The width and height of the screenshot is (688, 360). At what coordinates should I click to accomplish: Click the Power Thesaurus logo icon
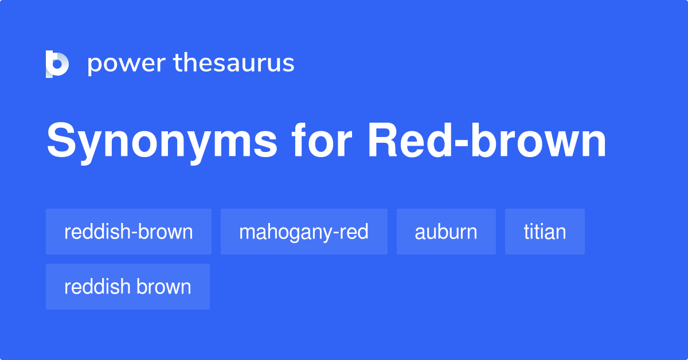click(x=57, y=64)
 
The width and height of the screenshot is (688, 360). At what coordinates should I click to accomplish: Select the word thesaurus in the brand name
click(x=234, y=64)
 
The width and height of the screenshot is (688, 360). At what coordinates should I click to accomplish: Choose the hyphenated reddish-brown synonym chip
click(x=128, y=232)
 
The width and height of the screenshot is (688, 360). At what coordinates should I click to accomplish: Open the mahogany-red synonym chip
click(x=304, y=232)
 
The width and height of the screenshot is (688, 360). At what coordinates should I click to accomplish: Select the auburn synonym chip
click(x=446, y=232)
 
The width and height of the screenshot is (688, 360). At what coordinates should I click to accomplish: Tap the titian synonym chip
click(x=545, y=232)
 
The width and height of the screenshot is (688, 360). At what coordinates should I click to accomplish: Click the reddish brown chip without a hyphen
click(x=128, y=287)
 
